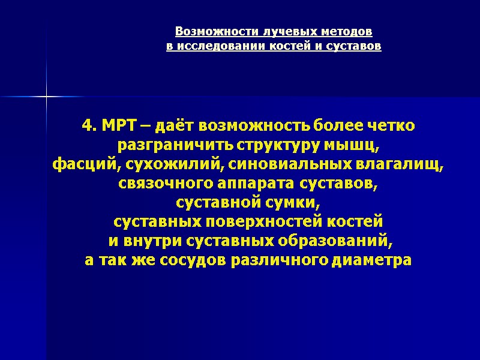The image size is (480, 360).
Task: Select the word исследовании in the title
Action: coord(215,46)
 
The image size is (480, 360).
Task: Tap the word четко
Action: coord(391,127)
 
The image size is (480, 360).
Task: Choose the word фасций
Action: coord(76,165)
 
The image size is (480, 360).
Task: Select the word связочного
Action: coord(157,184)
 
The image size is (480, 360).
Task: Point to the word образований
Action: coord(336,242)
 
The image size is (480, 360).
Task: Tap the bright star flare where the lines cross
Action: coord(46,96)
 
